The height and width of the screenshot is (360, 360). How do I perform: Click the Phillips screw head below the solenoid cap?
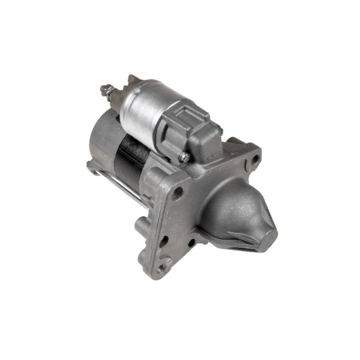(x=184, y=157)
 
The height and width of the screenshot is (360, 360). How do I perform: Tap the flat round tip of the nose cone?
(x=265, y=230)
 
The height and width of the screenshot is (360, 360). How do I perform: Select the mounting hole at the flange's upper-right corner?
(x=255, y=160)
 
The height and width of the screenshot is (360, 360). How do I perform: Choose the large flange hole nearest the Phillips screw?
(x=178, y=193)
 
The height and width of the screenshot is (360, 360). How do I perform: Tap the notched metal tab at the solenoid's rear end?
(x=131, y=81)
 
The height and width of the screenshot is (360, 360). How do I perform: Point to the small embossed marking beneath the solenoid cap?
(x=209, y=158)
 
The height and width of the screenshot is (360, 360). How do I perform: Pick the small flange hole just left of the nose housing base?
(x=191, y=244)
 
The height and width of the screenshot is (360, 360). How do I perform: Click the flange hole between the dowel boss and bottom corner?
(x=163, y=241)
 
